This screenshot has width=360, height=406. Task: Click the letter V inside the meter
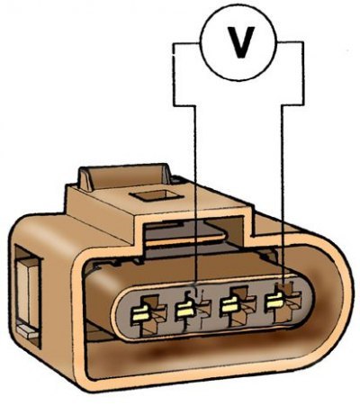[241, 42]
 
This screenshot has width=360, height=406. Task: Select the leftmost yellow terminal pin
[140, 314]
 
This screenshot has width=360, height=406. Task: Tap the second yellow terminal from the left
[184, 310]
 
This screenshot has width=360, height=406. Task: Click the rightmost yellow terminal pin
[274, 301]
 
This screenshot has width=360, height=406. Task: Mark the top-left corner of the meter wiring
[174, 44]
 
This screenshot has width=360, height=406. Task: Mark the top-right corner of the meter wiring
[302, 43]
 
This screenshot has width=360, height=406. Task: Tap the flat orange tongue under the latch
[185, 239]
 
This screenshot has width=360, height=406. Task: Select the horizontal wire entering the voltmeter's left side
[187, 44]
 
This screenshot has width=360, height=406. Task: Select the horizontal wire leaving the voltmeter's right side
[290, 43]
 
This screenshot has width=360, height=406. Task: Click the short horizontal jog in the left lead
[184, 105]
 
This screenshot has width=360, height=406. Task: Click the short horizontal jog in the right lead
[292, 105]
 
